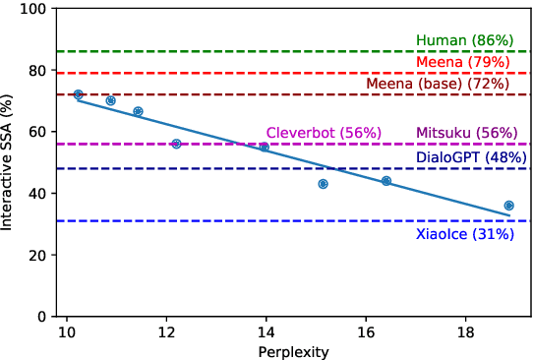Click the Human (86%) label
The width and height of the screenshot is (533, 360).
click(x=464, y=40)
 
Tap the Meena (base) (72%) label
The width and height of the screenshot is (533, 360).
click(x=438, y=84)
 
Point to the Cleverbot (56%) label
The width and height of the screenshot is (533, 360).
click(x=309, y=133)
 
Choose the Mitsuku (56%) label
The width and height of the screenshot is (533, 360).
click(x=464, y=133)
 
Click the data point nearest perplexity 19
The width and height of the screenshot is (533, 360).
click(x=508, y=206)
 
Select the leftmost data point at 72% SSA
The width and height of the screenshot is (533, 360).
click(x=79, y=94)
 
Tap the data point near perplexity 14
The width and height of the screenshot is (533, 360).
click(x=265, y=147)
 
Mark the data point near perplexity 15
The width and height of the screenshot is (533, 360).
click(x=323, y=184)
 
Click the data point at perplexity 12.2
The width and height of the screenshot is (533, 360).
click(x=176, y=144)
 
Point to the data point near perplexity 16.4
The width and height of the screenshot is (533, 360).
click(x=386, y=181)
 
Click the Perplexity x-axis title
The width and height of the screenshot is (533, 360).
click(x=293, y=351)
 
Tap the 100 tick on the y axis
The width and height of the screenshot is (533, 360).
click(x=35, y=9)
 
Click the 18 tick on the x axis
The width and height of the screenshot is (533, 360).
click(x=465, y=332)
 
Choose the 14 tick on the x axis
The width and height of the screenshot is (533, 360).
click(x=266, y=332)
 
